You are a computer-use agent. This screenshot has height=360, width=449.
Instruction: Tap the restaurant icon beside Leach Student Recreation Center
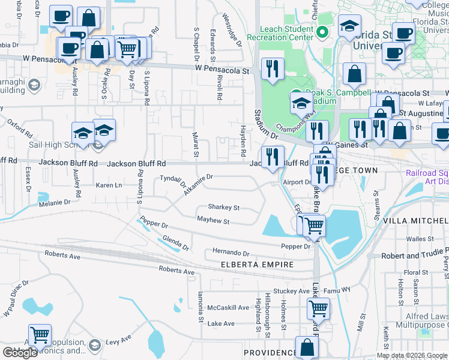point(273,68)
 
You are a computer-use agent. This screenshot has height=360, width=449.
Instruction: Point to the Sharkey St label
point(223,208)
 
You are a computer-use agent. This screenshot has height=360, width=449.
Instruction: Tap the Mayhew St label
point(213,221)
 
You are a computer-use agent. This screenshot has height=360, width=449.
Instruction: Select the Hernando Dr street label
point(230,253)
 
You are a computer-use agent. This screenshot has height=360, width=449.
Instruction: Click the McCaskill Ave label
point(228,308)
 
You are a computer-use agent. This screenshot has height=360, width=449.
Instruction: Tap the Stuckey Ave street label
point(291,292)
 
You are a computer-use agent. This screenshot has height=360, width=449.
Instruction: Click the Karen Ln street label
point(109,185)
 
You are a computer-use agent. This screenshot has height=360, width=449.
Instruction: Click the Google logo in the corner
point(20,353)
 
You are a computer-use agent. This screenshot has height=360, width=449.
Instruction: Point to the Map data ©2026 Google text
point(411,355)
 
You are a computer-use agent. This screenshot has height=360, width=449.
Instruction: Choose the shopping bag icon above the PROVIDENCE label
point(307,347)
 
